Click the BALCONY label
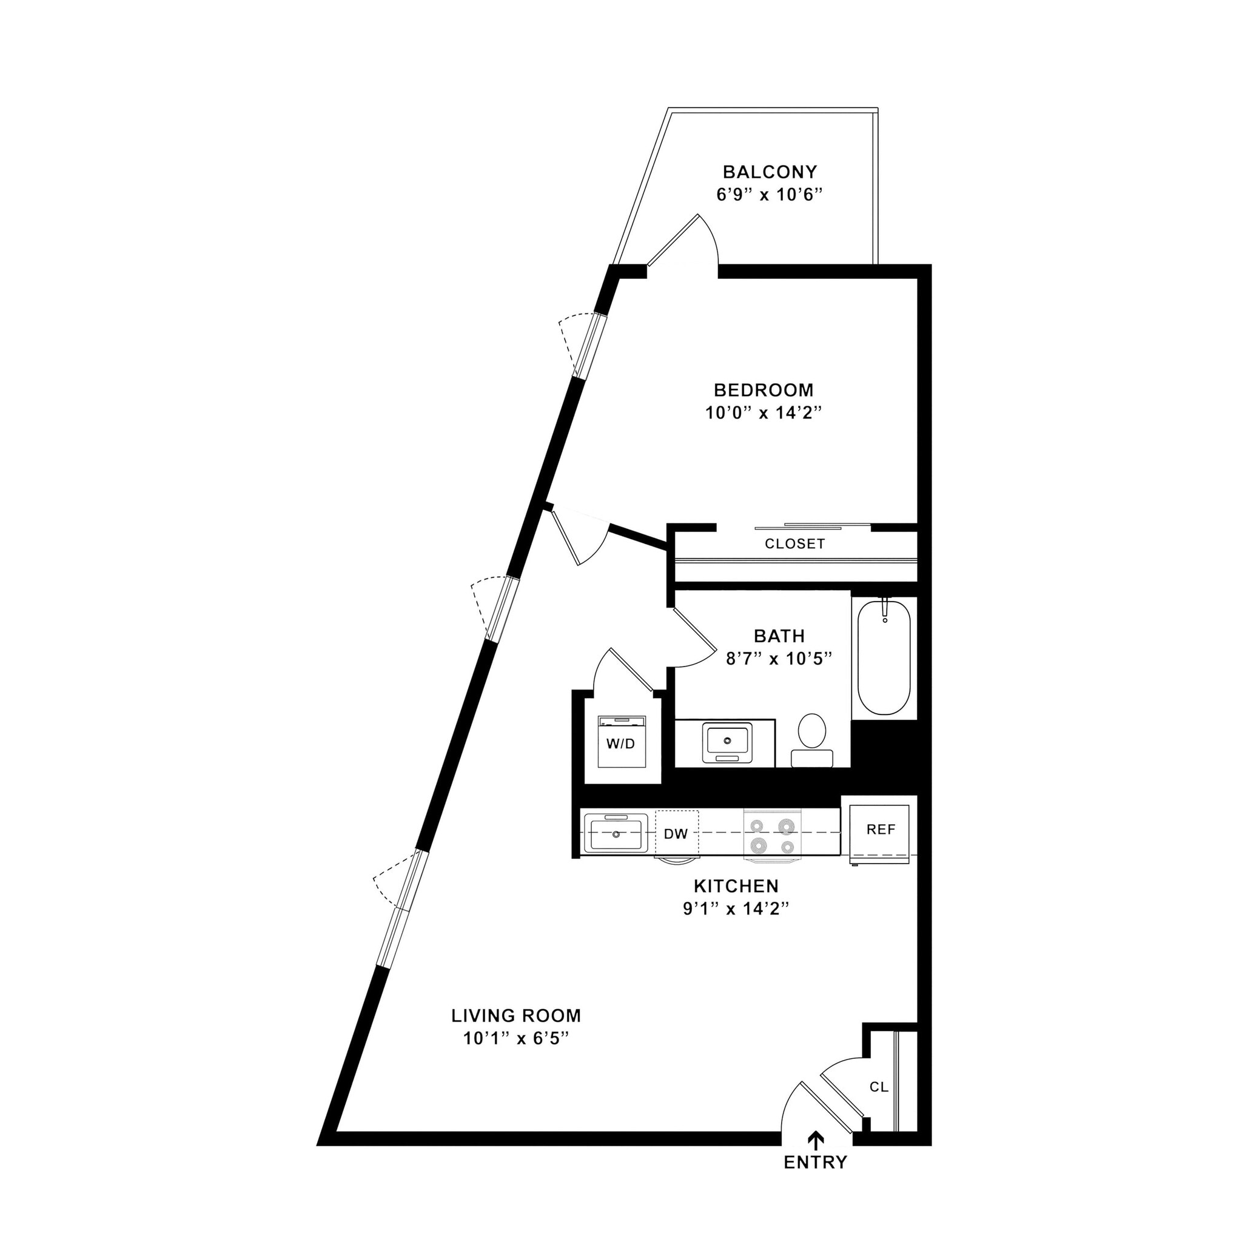[x=770, y=172]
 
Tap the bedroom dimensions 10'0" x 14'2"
[x=764, y=413]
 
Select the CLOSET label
[x=794, y=544]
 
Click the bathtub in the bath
[x=884, y=656]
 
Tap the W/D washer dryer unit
[x=621, y=742]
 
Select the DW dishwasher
[x=676, y=834]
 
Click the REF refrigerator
[x=880, y=830]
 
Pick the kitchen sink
[x=616, y=833]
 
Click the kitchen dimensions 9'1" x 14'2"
[x=736, y=909]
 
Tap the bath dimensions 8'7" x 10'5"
[x=779, y=659]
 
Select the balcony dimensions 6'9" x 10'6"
[x=770, y=195]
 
